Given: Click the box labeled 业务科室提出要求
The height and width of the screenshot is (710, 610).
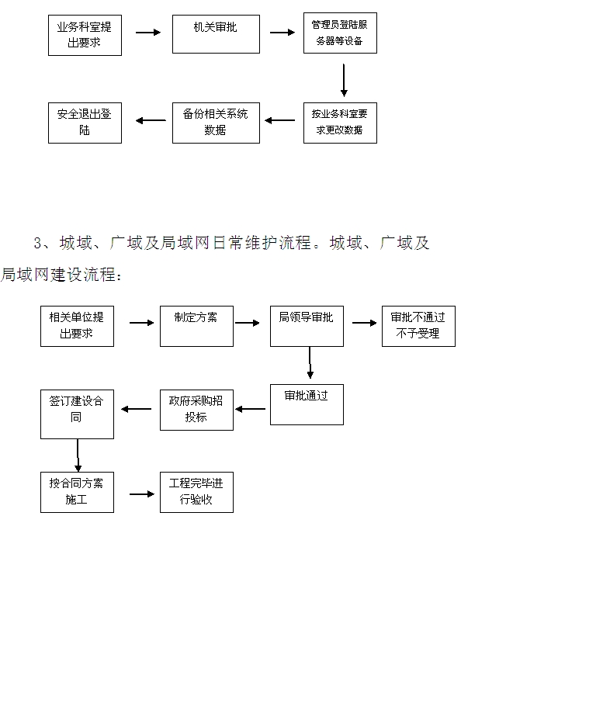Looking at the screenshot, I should (x=85, y=35).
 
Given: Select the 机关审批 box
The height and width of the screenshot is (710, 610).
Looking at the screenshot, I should (x=216, y=33).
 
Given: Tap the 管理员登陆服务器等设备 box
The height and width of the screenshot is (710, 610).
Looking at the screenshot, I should (x=340, y=33).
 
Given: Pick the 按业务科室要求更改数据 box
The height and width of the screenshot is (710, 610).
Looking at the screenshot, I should (x=340, y=123).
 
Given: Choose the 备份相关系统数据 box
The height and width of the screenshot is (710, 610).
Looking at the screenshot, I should (x=216, y=123).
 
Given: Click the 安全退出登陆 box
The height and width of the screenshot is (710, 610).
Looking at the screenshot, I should (x=85, y=123).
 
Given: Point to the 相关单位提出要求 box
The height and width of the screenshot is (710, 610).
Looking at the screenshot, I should (x=77, y=326).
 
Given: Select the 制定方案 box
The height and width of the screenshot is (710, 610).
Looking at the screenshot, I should (x=196, y=326).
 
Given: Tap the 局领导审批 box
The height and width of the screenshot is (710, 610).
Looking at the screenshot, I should (x=307, y=326).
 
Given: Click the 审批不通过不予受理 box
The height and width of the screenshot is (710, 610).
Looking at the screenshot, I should (x=418, y=326).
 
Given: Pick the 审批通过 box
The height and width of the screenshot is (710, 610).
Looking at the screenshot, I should (x=307, y=404).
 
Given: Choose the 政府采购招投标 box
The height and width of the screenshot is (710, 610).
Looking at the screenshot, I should (x=196, y=410).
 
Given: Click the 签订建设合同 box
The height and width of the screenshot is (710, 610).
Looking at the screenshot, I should (x=77, y=414).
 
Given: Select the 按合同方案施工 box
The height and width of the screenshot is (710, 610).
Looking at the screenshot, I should (x=77, y=492).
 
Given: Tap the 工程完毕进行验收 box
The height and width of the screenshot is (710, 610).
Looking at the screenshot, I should (x=196, y=492).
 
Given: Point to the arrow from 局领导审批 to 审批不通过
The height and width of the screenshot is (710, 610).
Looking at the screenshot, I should (x=363, y=323).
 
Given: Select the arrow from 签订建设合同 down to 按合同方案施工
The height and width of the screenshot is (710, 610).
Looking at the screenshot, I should (x=78, y=455).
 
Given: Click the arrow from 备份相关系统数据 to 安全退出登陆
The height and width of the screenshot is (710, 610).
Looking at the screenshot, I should (x=151, y=120).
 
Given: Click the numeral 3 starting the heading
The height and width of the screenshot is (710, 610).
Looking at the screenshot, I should (x=37, y=244).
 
